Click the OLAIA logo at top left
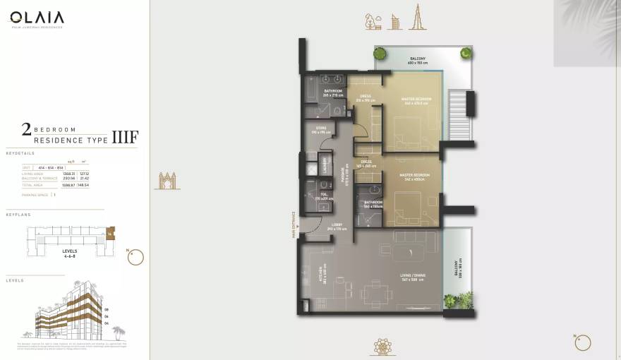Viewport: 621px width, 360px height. click(x=37, y=18)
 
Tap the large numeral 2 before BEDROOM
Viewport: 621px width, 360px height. click(x=26, y=128)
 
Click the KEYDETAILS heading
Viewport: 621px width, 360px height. click(x=20, y=152)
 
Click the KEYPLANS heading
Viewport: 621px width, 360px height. click(x=18, y=214)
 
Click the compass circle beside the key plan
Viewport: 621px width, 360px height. click(x=135, y=258)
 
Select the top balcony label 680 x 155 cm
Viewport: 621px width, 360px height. click(x=418, y=61)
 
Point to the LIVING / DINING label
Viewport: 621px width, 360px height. click(x=412, y=278)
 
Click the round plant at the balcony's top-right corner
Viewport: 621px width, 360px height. click(x=465, y=52)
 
